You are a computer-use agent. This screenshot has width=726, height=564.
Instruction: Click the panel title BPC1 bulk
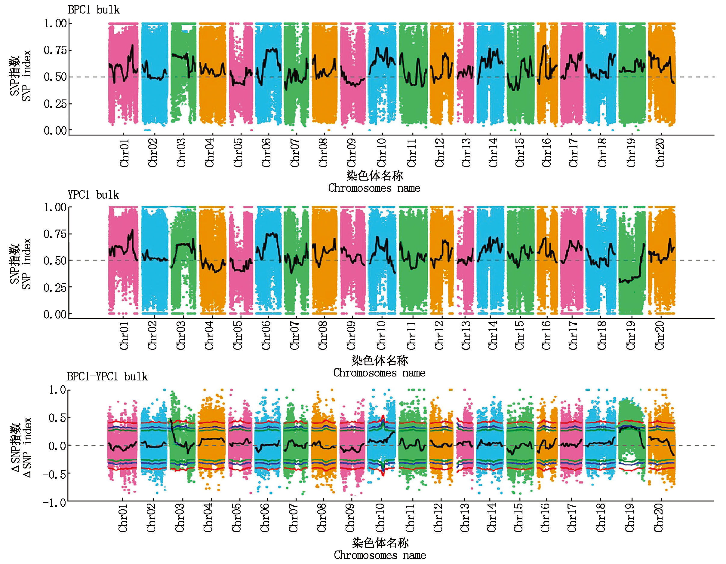coord(94,10)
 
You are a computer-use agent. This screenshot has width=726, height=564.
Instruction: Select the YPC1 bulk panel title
coord(94,195)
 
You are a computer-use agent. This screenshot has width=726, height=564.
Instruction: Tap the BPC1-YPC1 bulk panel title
coord(107,377)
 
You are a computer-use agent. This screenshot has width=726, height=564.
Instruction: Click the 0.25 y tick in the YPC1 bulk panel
coord(55,287)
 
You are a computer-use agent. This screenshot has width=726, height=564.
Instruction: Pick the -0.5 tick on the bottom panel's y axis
coord(54,473)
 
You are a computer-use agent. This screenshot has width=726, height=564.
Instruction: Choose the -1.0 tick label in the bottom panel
coord(54,502)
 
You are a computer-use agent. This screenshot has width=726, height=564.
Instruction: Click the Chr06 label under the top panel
coord(266,153)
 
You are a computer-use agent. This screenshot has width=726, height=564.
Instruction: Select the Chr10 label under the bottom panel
coord(380,518)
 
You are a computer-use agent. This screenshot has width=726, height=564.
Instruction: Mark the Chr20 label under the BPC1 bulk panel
coord(660,153)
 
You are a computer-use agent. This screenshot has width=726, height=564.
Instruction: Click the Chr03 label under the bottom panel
coord(180,518)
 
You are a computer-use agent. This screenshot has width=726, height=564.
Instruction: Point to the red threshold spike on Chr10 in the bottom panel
coord(383,417)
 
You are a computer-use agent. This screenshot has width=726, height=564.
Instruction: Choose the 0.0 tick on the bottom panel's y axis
coord(57,446)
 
